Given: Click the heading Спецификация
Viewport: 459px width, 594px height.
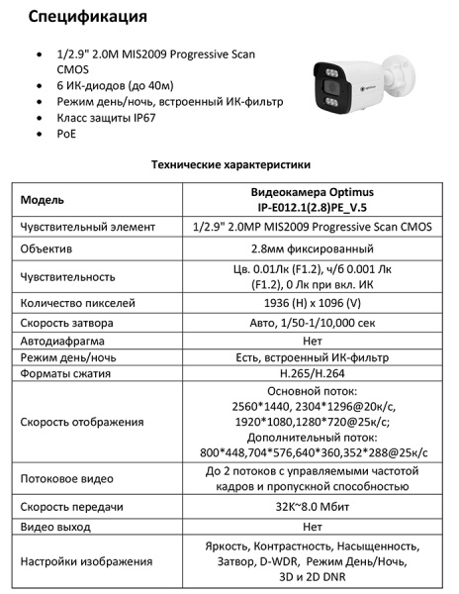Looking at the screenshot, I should point(88,17).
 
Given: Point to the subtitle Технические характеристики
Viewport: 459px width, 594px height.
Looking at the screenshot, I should point(229,164).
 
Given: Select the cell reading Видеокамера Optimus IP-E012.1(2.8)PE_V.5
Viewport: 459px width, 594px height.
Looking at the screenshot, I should point(314,199).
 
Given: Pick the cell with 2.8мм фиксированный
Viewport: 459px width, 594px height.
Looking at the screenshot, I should point(314,249).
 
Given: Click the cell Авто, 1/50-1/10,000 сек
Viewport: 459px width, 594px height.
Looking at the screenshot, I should point(314,323).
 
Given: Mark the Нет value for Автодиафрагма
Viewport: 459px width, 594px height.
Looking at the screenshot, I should point(314,341).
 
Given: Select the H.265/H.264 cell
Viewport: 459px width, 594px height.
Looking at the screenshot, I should point(314,376).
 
